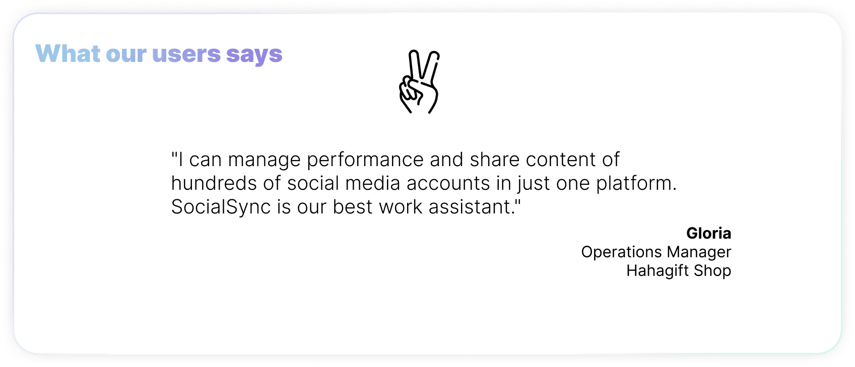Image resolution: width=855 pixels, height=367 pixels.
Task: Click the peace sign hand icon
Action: pyautogui.click(x=419, y=82)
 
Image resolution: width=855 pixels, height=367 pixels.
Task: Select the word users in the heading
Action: pyautogui.click(x=186, y=54)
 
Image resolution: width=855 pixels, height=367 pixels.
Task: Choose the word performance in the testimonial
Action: pyautogui.click(x=365, y=160)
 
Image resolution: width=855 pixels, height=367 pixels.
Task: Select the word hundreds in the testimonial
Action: pyautogui.click(x=214, y=183)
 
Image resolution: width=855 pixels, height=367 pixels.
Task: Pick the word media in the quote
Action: pyautogui.click(x=372, y=183)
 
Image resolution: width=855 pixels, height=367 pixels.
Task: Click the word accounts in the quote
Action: pyautogui.click(x=448, y=183)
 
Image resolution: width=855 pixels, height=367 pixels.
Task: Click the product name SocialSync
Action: pyautogui.click(x=221, y=207)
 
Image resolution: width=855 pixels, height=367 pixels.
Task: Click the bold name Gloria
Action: pyautogui.click(x=708, y=233)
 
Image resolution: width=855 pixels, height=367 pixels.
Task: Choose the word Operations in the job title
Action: pyautogui.click(x=621, y=252)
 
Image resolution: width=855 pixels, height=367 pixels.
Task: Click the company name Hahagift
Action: pyautogui.click(x=657, y=271)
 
